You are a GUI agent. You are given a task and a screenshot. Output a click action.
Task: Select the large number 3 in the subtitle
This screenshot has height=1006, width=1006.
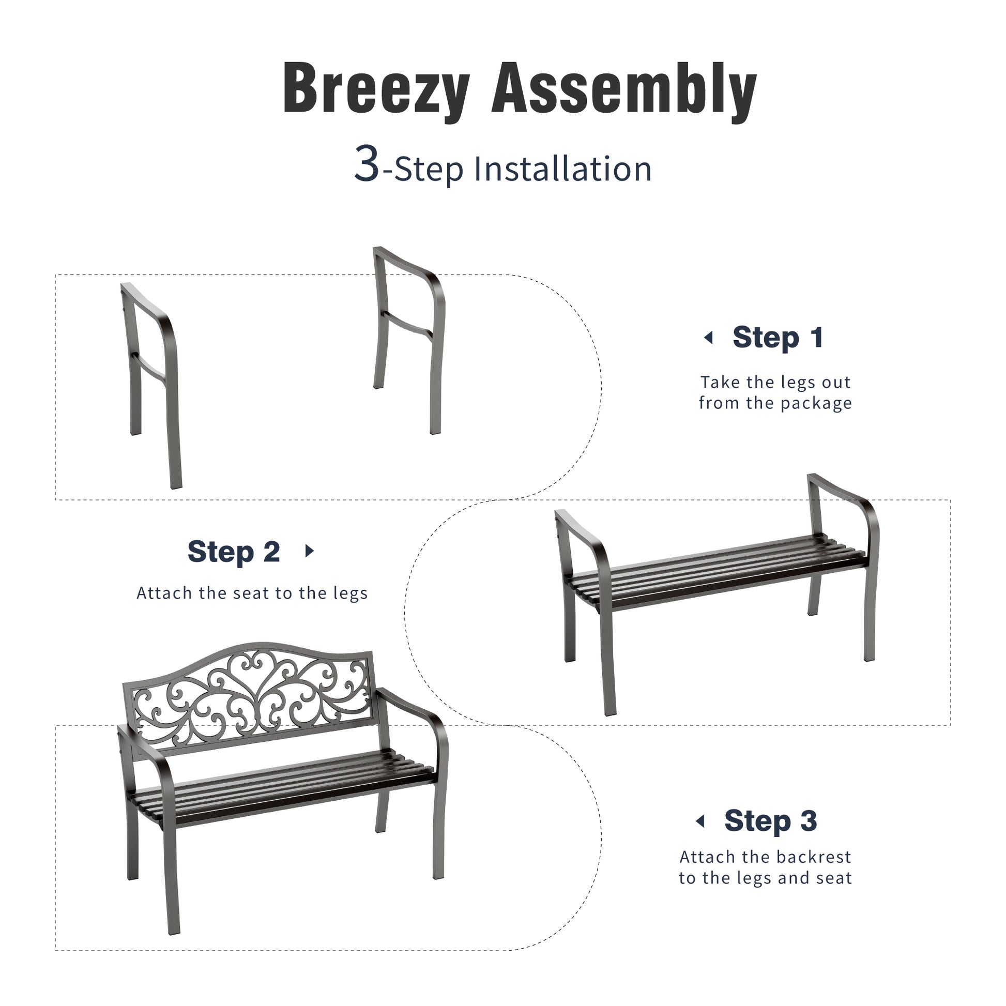click(367, 163)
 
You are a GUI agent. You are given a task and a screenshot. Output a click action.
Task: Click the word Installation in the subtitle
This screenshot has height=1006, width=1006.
click(562, 169)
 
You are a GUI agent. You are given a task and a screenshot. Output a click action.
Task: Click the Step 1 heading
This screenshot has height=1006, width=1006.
click(778, 338)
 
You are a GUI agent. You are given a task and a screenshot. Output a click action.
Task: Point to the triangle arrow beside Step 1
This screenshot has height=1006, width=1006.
click(708, 338)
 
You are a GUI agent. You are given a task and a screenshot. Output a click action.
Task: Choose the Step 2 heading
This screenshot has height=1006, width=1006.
click(234, 552)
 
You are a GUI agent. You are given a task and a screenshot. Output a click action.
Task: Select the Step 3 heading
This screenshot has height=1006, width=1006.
click(771, 821)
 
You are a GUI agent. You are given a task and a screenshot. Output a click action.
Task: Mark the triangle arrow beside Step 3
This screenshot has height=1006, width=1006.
click(700, 821)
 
